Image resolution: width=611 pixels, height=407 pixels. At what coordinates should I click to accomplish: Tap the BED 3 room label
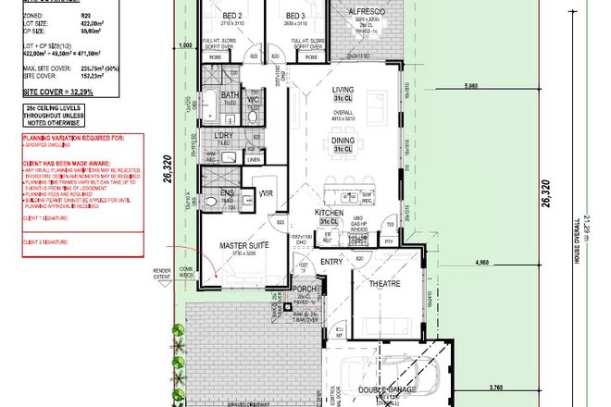click(x=295, y=17)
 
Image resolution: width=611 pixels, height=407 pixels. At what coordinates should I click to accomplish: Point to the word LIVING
click(x=343, y=90)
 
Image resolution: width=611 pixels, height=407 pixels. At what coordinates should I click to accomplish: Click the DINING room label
click(x=343, y=141)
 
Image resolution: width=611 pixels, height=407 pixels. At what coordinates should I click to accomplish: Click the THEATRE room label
click(x=384, y=285)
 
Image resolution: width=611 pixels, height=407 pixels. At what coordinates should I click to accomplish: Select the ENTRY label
click(x=329, y=263)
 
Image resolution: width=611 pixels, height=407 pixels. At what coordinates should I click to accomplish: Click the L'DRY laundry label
click(x=222, y=137)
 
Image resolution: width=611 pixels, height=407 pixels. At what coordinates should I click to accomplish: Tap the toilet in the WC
click(x=255, y=112)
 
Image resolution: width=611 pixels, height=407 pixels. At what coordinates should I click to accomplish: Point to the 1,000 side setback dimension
click(x=183, y=44)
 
